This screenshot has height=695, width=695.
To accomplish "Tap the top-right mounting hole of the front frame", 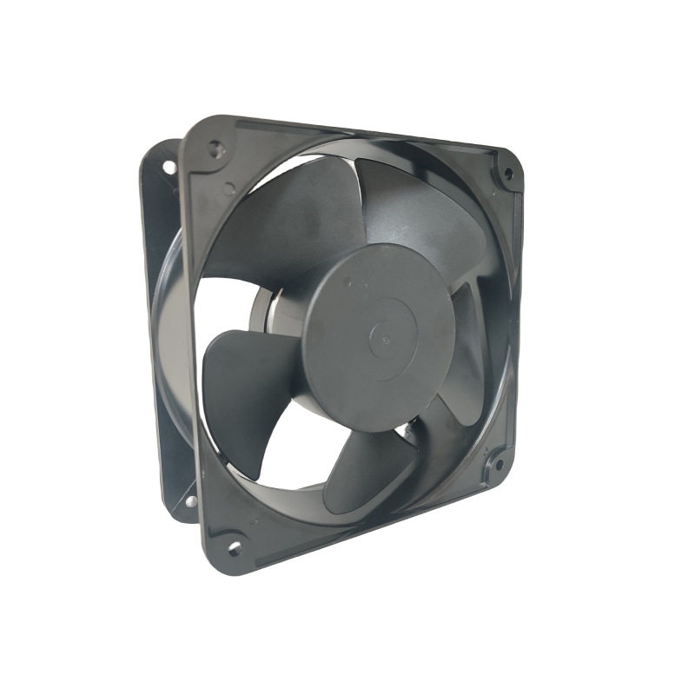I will pos(507,173).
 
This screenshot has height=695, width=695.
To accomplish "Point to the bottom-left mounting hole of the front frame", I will pos(234,548).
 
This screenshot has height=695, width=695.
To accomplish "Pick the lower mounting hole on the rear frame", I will pos(189,501).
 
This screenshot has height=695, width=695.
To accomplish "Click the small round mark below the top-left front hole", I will pos(228,188).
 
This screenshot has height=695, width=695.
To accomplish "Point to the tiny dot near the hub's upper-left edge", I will pos(347,281).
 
